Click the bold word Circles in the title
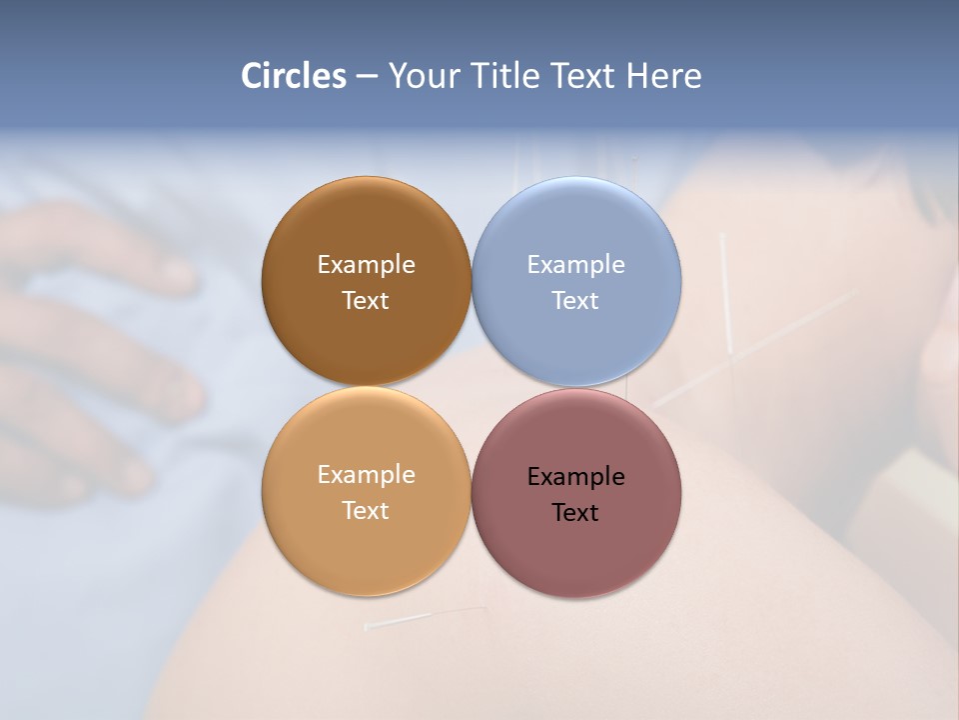click(x=294, y=76)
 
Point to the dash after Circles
click(x=367, y=77)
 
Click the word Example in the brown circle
click(x=366, y=264)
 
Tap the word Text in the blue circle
click(x=575, y=300)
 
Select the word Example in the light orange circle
click(x=366, y=474)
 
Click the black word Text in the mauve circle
click(x=575, y=512)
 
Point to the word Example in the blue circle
click(x=575, y=264)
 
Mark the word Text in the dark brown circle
click(x=366, y=300)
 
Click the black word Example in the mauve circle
click(x=575, y=476)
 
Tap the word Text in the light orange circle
click(x=366, y=510)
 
